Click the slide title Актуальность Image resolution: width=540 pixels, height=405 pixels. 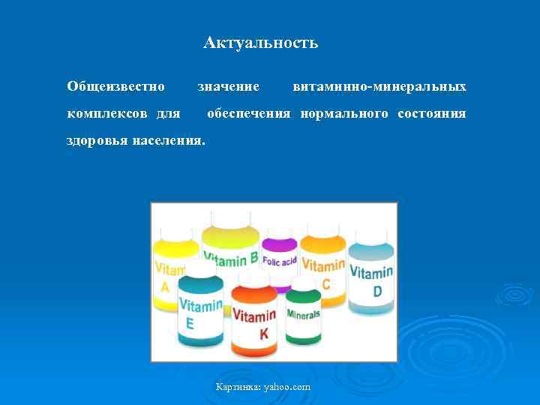pyautogui.click(x=260, y=43)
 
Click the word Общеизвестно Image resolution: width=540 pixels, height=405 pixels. pyautogui.click(x=115, y=87)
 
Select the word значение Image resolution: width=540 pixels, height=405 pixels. pyautogui.click(x=228, y=87)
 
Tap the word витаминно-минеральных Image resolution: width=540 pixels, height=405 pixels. pyautogui.click(x=379, y=87)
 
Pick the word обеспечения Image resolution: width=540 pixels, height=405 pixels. pyautogui.click(x=248, y=114)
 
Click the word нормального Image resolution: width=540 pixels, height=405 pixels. pyautogui.click(x=344, y=114)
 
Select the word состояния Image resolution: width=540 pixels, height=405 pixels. pyautogui.click(x=432, y=114)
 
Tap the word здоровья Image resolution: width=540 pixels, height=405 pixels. pyautogui.click(x=97, y=140)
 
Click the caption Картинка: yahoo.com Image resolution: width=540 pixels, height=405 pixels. pyautogui.click(x=262, y=387)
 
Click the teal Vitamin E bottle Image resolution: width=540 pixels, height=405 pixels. pyautogui.click(x=199, y=307)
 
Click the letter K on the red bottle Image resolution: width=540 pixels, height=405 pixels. pyautogui.click(x=263, y=334)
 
